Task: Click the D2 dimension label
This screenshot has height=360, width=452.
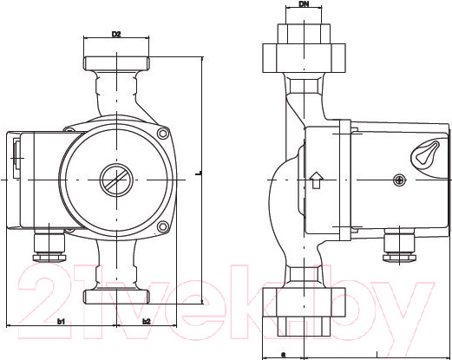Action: [115, 35]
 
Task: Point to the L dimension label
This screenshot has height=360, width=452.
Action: [199, 173]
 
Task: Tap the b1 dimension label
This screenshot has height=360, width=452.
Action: [62, 322]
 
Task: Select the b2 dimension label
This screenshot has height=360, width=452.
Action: [146, 322]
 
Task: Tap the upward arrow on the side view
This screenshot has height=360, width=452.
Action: [316, 180]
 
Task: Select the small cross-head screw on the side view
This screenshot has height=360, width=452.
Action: [399, 180]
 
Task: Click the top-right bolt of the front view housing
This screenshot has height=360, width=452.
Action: [162, 134]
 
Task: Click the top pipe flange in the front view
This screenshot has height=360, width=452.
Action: [115, 64]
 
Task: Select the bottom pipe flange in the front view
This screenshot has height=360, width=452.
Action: [115, 296]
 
